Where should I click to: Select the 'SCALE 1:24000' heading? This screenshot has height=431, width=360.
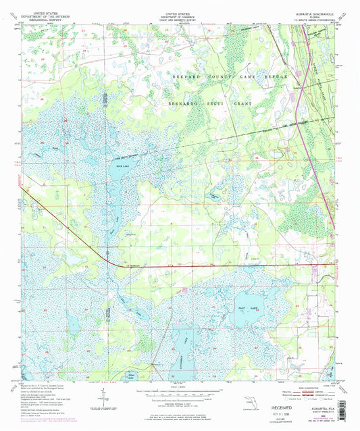tap(180, 386)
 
